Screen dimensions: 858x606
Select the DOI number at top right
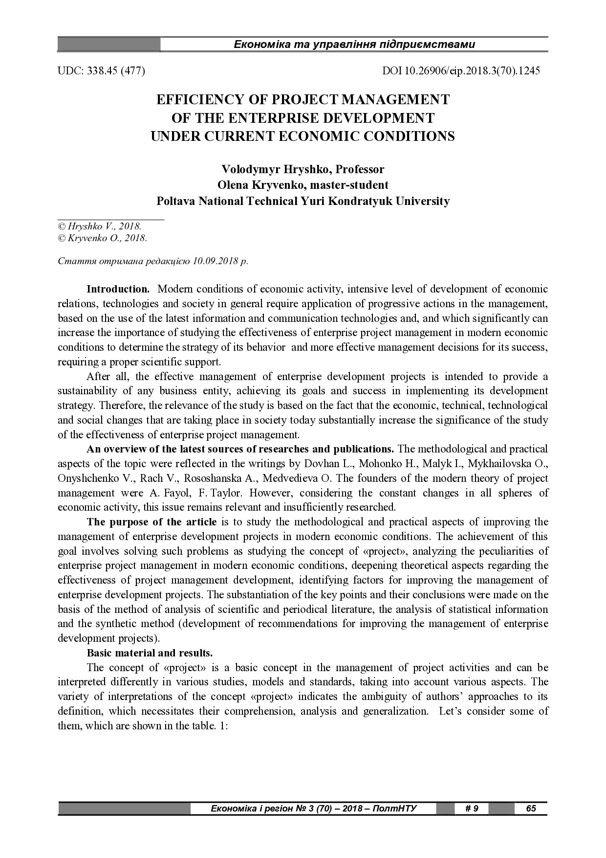pyautogui.click(x=461, y=70)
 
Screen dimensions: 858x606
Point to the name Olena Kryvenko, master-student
pyautogui.click(x=303, y=185)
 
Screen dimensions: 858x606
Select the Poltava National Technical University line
pyautogui.click(x=303, y=201)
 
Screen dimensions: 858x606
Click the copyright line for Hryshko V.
pyautogui.click(x=100, y=226)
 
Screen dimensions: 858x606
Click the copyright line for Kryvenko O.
pyautogui.click(x=102, y=238)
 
